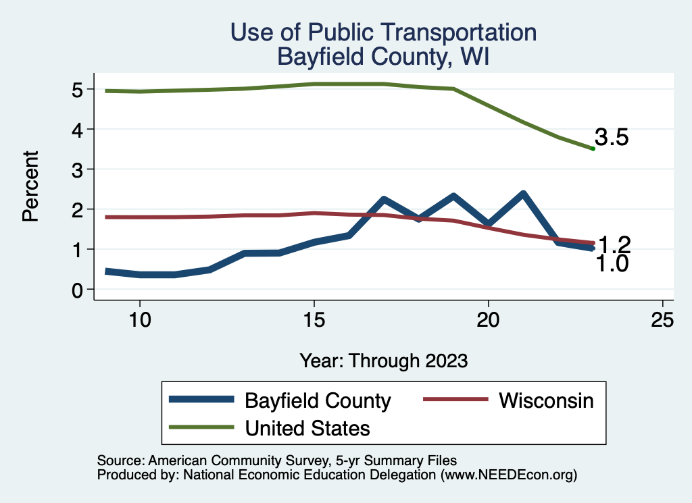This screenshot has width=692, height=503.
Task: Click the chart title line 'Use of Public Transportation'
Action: (x=383, y=32)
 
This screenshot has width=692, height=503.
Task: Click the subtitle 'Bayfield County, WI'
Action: (x=383, y=57)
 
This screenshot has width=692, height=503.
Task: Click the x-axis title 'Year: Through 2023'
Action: (x=383, y=361)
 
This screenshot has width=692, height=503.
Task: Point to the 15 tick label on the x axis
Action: (x=314, y=319)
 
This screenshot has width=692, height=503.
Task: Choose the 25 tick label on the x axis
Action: (x=662, y=319)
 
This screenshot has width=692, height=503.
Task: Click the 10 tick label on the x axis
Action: (x=139, y=319)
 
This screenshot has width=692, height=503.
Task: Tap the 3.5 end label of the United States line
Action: (x=612, y=138)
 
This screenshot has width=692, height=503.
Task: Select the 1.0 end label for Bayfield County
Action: (x=612, y=264)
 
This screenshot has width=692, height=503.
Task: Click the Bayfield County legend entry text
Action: (x=318, y=401)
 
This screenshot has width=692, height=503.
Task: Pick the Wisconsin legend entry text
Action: (x=546, y=400)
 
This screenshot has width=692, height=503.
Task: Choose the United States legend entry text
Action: (x=307, y=427)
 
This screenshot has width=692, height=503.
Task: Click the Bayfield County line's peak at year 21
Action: (x=523, y=194)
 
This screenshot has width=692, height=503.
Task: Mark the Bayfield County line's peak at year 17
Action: (x=383, y=200)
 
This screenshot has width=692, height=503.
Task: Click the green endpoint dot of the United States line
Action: (x=593, y=149)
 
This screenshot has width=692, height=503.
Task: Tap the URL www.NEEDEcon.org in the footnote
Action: (x=508, y=475)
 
